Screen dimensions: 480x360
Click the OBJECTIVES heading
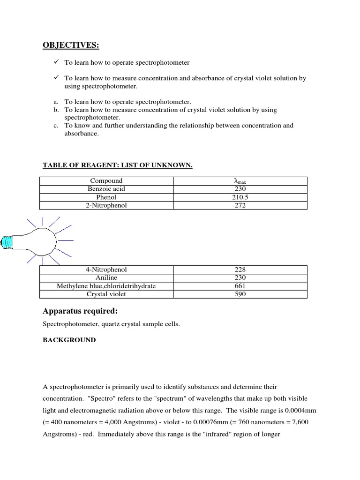(x=71, y=45)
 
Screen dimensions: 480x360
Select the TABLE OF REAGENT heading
(x=118, y=165)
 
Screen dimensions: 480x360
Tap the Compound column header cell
(x=106, y=181)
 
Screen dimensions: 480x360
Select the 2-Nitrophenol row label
(x=106, y=205)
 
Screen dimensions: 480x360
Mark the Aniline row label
(x=106, y=277)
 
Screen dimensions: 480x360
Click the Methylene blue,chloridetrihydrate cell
(x=106, y=286)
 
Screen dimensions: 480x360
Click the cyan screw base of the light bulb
(x=8, y=241)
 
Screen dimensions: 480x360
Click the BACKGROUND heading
(x=69, y=340)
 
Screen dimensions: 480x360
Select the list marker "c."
(x=56, y=126)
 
